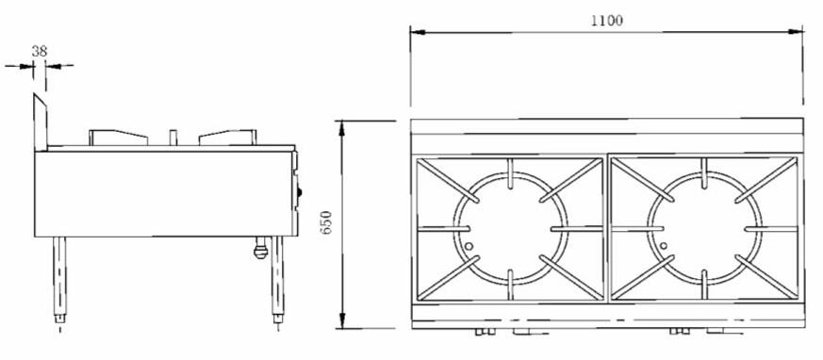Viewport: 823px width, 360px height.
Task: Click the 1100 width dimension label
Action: coord(607,21)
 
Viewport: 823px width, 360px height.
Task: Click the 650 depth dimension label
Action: coord(327,222)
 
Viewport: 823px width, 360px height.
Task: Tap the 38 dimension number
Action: coord(40,52)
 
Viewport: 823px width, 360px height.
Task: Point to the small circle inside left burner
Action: coord(469,246)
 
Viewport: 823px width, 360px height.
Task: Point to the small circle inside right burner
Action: coord(664,245)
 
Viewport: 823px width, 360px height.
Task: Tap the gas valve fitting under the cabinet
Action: coord(260,248)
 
